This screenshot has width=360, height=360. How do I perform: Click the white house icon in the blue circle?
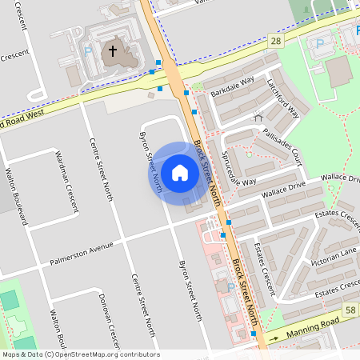180,173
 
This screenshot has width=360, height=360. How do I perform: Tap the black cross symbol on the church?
113,52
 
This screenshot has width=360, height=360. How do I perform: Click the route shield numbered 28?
276,39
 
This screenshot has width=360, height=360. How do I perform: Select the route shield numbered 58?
350,310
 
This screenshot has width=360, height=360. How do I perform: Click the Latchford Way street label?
277,100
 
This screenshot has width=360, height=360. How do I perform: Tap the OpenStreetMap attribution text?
80,354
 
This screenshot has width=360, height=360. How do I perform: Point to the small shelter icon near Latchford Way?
258,117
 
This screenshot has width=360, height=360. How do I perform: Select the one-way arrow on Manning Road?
274,338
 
